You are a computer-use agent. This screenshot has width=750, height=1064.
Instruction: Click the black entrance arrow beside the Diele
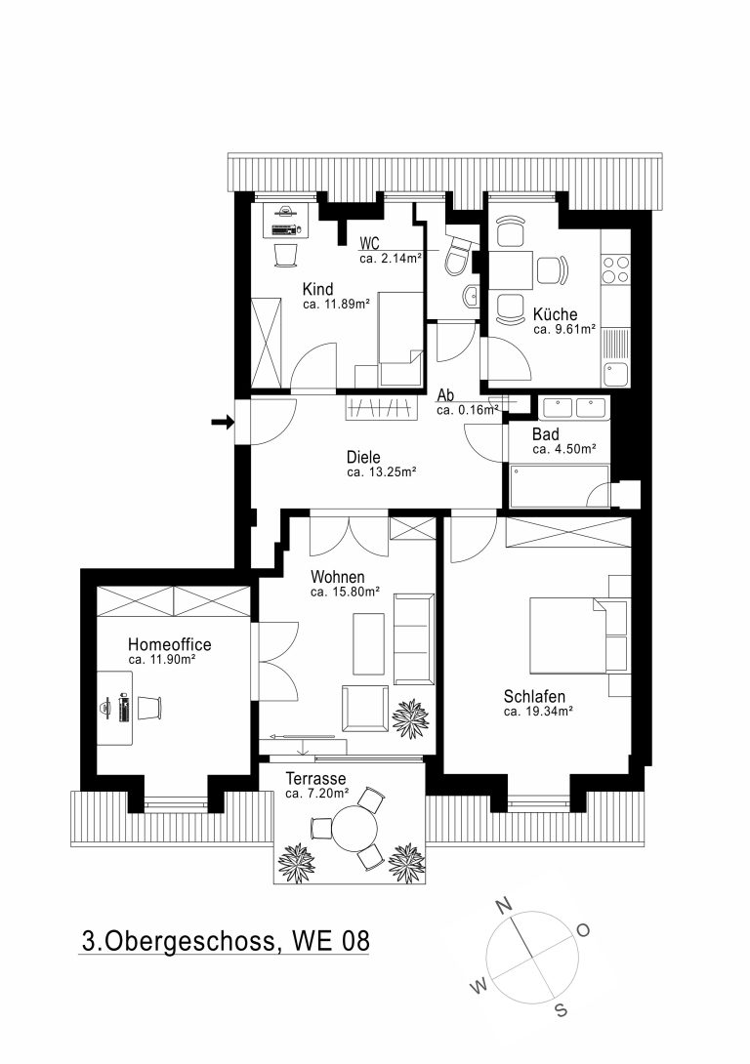click(223, 422)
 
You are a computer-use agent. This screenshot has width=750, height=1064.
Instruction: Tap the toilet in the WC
click(459, 257)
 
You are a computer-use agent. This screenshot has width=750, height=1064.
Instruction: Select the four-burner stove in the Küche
click(615, 268)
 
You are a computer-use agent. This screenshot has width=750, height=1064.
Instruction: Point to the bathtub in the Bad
click(560, 485)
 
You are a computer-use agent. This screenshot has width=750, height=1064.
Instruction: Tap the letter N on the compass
click(503, 905)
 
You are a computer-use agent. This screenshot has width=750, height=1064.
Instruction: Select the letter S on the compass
click(561, 1009)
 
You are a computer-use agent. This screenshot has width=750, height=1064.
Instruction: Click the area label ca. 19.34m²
click(538, 712)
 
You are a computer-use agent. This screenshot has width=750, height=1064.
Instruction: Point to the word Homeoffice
click(170, 644)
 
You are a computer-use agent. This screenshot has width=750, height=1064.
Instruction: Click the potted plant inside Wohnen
click(410, 717)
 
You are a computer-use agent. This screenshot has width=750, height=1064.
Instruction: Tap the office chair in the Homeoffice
click(150, 708)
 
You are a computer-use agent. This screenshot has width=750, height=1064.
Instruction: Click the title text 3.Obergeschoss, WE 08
click(226, 941)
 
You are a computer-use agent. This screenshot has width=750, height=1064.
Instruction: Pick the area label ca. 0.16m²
click(468, 410)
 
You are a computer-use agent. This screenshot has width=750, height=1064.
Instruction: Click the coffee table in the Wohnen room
click(368, 644)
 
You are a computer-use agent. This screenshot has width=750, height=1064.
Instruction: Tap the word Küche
click(556, 314)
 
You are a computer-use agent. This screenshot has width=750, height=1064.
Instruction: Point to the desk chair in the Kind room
click(286, 255)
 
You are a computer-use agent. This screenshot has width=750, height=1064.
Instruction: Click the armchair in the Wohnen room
click(365, 708)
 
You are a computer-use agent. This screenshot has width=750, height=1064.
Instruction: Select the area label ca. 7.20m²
click(317, 794)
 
